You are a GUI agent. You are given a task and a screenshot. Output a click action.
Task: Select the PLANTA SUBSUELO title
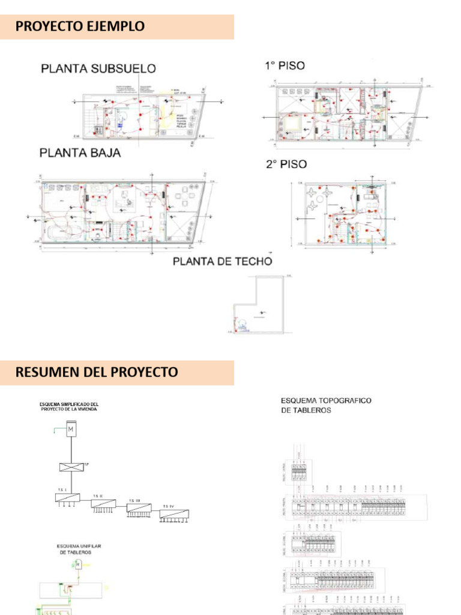(x=98, y=68)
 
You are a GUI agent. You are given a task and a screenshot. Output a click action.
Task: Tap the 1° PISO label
(x=285, y=65)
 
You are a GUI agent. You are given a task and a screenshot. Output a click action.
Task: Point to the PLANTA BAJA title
(x=80, y=153)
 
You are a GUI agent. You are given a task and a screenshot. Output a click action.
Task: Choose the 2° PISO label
(x=286, y=164)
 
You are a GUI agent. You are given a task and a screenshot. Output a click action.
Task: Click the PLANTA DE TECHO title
(x=222, y=261)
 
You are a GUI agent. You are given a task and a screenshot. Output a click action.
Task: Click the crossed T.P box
(x=71, y=467)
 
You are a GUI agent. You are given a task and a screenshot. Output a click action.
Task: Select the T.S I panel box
(x=67, y=497)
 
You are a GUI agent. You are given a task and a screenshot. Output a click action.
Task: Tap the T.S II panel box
(x=104, y=503)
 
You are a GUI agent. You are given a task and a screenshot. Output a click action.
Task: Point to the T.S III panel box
(x=139, y=507)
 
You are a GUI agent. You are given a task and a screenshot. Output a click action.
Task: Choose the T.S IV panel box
(x=174, y=514)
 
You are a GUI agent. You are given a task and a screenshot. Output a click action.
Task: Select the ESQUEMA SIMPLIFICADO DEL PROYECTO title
(x=68, y=407)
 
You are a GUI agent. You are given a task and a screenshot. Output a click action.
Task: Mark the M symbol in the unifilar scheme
(x=77, y=564)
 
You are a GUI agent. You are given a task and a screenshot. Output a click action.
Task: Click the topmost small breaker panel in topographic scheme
(x=301, y=472)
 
